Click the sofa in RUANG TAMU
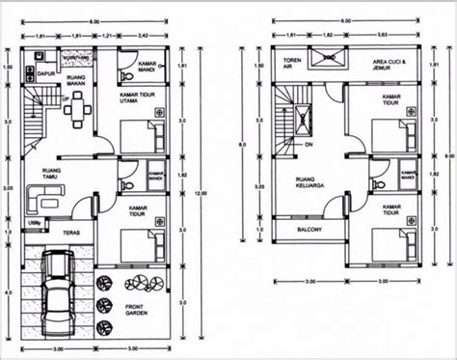[40, 199]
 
